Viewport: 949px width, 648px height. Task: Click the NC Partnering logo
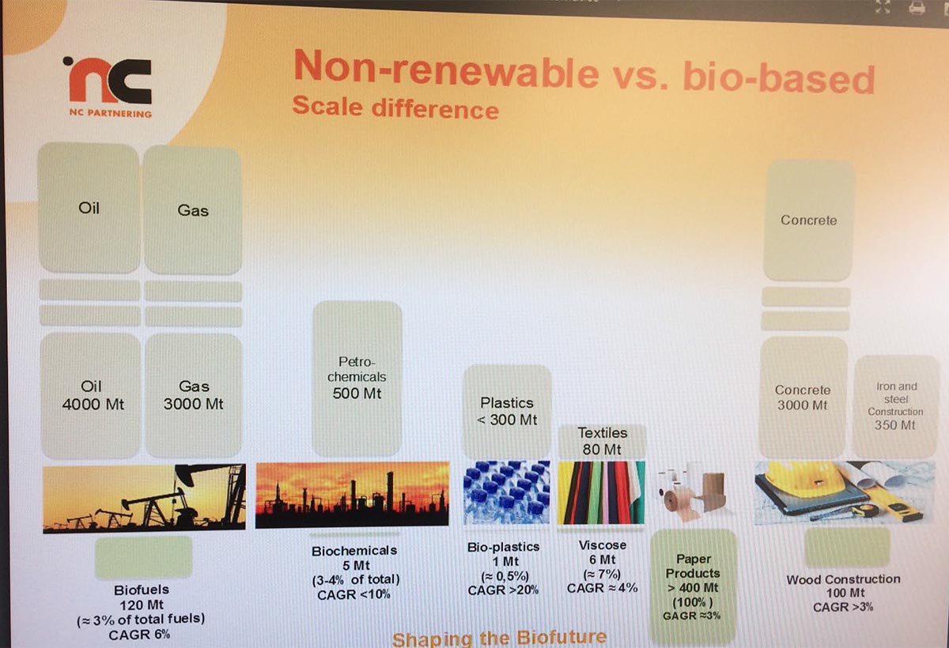click(x=108, y=87)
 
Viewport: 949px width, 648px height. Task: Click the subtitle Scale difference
click(x=395, y=107)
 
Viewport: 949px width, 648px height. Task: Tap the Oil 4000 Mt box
click(x=91, y=395)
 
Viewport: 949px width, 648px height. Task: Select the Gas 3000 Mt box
click(x=194, y=395)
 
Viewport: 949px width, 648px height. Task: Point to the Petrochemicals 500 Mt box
click(x=357, y=379)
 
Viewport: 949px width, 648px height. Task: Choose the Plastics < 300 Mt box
click(x=507, y=412)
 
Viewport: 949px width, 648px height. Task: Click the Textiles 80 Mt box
click(x=602, y=442)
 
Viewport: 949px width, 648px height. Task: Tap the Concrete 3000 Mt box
click(x=803, y=397)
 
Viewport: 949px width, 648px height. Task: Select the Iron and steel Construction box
click(x=895, y=406)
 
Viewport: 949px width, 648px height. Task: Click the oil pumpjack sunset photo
click(x=145, y=497)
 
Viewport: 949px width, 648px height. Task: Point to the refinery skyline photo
click(x=352, y=495)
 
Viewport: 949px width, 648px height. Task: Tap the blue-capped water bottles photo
click(x=507, y=492)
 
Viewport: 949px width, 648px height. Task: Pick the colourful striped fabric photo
click(x=601, y=492)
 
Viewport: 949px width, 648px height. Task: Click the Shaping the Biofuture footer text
click(x=500, y=639)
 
